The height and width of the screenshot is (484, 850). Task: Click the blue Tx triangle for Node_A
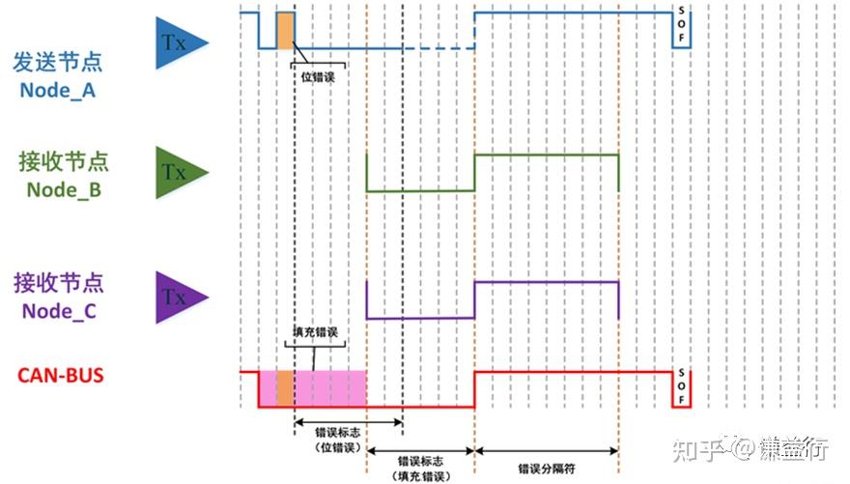180,43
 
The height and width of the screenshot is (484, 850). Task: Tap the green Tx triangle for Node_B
180,173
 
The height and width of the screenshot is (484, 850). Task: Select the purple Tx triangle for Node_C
180,297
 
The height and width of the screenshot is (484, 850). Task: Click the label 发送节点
57,63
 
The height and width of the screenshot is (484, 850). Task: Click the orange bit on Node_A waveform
285,30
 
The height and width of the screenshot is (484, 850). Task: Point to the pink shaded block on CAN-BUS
329,387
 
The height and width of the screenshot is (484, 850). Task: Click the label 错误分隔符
545,468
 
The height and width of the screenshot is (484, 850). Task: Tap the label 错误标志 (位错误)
338,441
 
